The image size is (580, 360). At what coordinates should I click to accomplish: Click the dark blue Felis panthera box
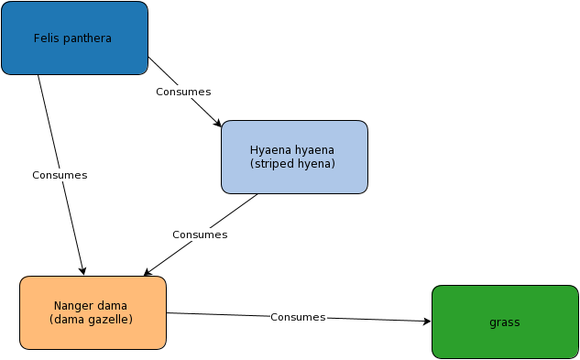click(x=75, y=38)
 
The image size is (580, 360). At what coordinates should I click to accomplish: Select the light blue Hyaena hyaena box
click(x=294, y=157)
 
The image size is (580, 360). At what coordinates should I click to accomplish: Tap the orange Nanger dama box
click(x=93, y=312)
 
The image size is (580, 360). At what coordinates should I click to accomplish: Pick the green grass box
click(x=505, y=322)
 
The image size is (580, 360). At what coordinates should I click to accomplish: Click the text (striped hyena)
click(x=292, y=164)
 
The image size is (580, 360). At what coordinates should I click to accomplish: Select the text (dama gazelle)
click(x=91, y=319)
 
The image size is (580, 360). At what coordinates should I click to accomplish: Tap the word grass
click(x=505, y=322)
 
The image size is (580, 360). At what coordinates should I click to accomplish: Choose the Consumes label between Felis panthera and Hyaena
click(x=183, y=92)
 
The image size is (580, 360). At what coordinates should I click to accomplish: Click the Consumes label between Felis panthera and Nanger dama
click(x=60, y=175)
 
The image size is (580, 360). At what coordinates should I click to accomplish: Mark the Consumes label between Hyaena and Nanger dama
click(x=200, y=235)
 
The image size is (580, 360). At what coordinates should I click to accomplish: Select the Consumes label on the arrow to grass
click(x=298, y=317)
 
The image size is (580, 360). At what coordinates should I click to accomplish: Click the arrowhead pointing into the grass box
click(x=427, y=322)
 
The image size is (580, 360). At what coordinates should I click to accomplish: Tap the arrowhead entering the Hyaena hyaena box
click(x=217, y=123)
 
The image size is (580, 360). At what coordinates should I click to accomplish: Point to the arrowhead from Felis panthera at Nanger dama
click(x=82, y=271)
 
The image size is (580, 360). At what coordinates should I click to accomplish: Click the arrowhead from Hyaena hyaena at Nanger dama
click(x=148, y=273)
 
